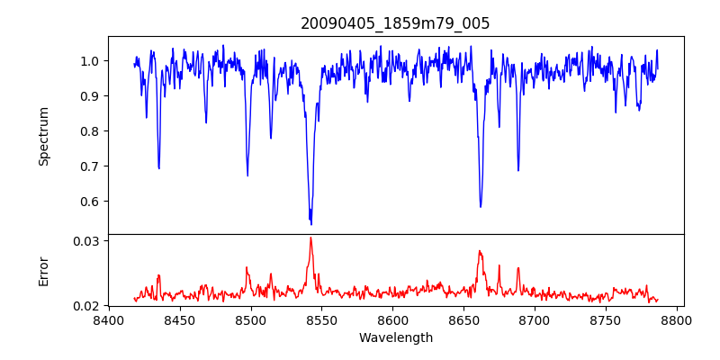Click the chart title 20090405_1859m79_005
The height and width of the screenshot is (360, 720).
[395, 23]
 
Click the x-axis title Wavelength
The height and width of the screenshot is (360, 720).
[395, 337]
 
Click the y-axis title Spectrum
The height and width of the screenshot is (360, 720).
[44, 136]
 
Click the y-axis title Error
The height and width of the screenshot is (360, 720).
[44, 271]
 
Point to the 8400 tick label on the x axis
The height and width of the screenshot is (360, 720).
[109, 319]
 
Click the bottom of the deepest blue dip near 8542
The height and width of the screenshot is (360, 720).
[310, 223]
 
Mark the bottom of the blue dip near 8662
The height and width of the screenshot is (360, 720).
[481, 207]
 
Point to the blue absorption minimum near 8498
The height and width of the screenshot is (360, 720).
[247, 175]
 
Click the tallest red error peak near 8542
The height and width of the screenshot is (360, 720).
[310, 238]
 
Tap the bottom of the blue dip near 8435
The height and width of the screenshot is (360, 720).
[158, 168]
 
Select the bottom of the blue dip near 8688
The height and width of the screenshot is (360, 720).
[518, 170]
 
